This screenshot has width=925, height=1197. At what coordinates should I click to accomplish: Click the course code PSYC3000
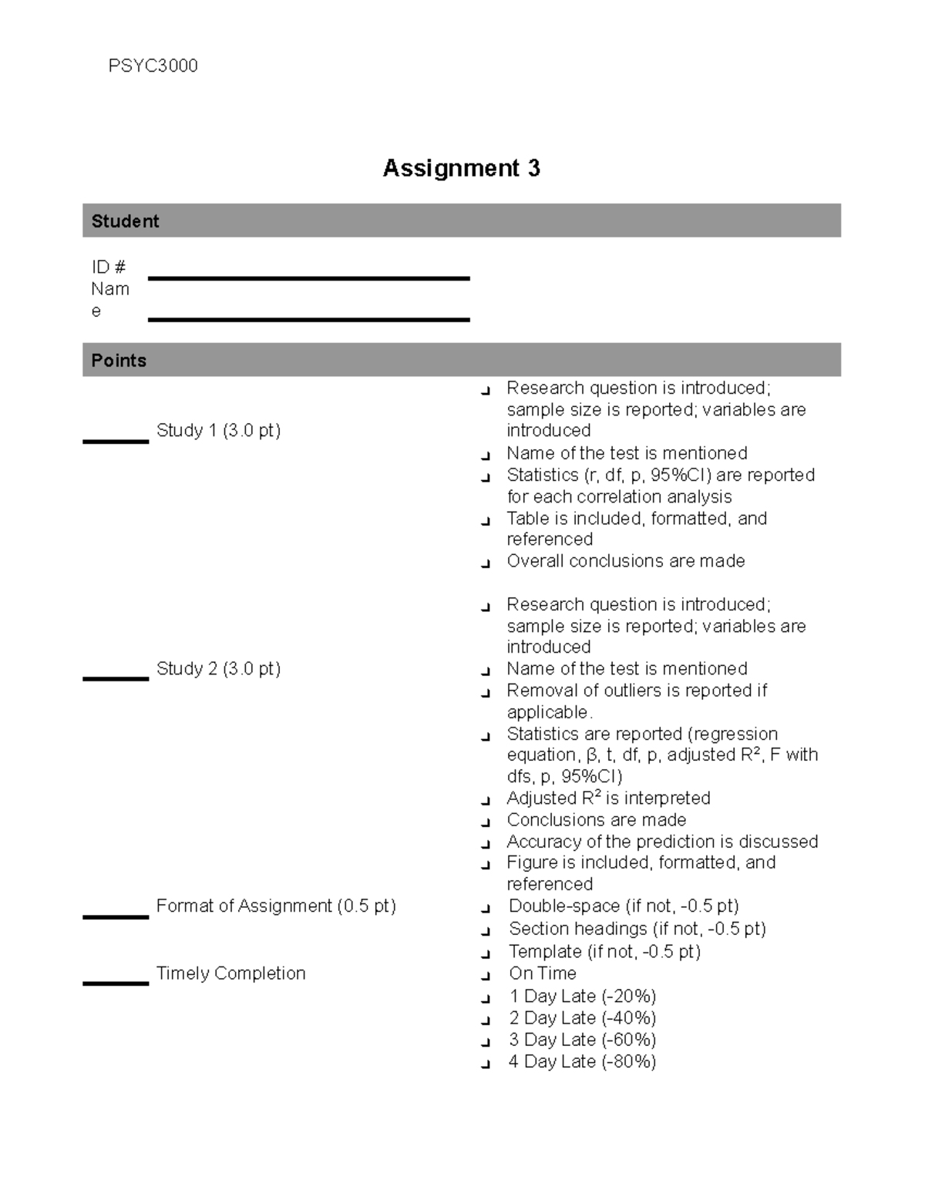153,66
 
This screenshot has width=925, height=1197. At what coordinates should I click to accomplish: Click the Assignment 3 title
461,168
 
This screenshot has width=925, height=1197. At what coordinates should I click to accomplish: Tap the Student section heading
125,221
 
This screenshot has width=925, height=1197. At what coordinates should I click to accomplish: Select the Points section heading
119,361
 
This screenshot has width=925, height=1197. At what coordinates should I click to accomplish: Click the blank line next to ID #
308,277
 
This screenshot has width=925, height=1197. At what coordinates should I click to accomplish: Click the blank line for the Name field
308,318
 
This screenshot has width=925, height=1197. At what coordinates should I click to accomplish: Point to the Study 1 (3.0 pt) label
218,430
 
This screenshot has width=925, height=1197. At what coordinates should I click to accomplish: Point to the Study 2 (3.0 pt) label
218,668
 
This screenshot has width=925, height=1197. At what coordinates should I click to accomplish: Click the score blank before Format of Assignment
116,916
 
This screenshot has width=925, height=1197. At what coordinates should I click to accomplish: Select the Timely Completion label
230,973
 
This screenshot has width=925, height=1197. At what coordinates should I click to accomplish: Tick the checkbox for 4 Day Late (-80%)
485,1064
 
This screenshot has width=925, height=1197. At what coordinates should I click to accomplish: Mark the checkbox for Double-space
485,909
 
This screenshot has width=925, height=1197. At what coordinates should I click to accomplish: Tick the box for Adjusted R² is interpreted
485,801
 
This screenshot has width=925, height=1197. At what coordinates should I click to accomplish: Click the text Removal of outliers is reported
636,691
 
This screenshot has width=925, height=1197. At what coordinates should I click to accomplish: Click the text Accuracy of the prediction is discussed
661,842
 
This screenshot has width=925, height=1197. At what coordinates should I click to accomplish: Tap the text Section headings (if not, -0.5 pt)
637,929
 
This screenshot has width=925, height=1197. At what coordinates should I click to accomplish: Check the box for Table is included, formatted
485,521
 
